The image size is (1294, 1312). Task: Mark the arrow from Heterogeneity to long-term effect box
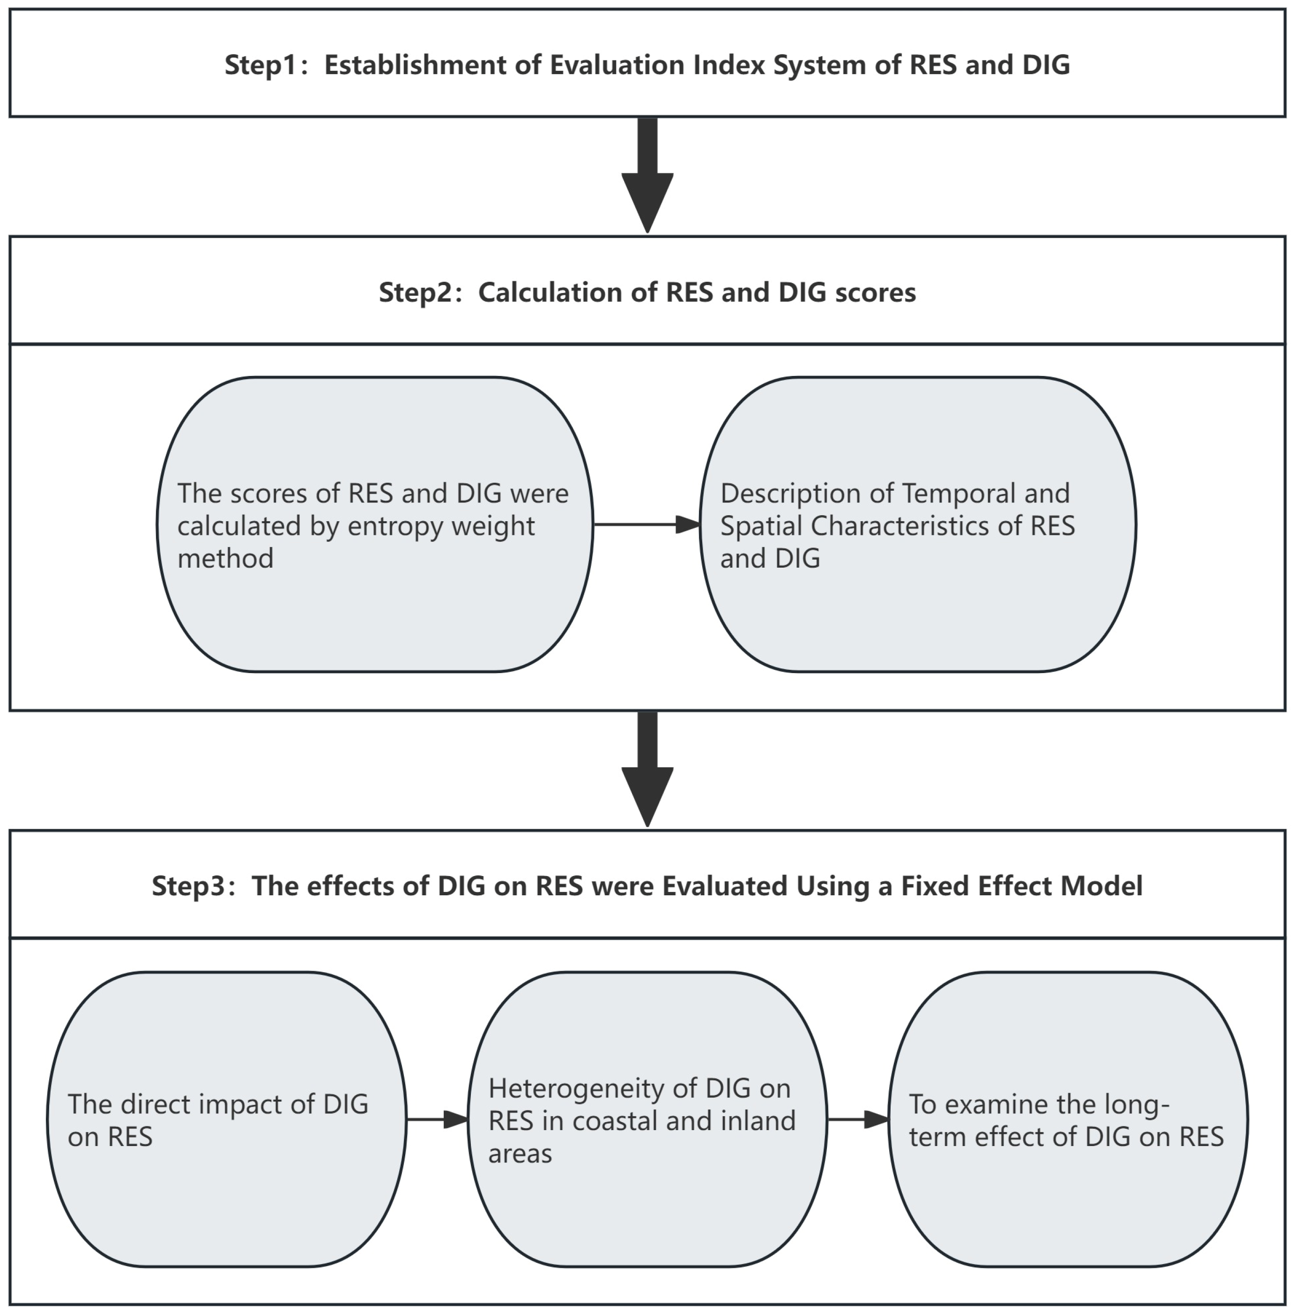(857, 1120)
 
